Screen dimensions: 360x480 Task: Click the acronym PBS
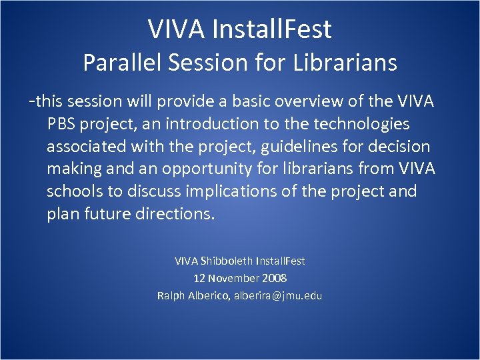pyautogui.click(x=62, y=124)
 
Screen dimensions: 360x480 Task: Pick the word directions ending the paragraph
pyautogui.click(x=177, y=215)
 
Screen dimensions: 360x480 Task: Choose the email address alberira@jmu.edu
pyautogui.click(x=278, y=295)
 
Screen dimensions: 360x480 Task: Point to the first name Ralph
pyautogui.click(x=171, y=295)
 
